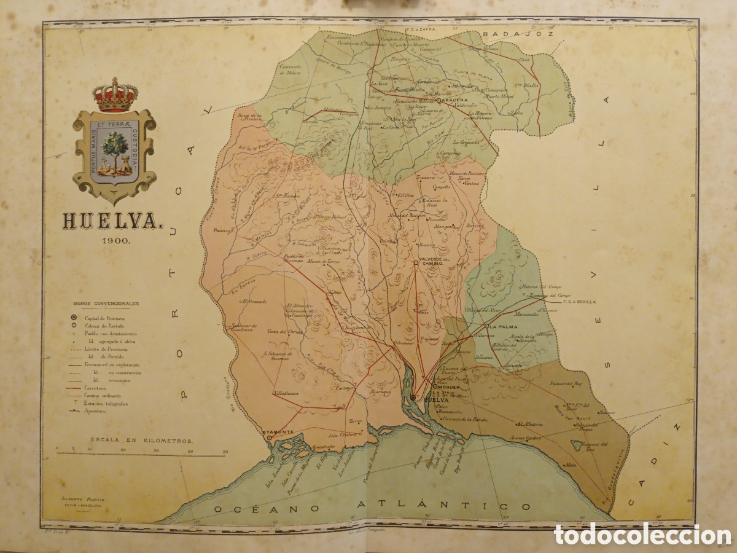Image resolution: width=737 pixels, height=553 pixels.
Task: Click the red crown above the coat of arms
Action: coord(115,95)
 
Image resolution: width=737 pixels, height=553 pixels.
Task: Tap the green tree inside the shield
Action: coord(114,148)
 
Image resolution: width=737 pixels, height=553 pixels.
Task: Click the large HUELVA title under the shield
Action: coord(111,222)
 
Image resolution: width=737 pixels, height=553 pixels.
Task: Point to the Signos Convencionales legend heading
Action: coord(106,304)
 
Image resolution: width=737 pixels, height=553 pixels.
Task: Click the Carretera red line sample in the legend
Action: coord(75,388)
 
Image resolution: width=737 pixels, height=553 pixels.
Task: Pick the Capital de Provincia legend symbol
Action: coord(74,318)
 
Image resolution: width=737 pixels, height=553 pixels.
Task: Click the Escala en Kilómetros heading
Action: coord(141,441)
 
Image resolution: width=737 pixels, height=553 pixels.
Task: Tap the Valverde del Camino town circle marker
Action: coord(416,262)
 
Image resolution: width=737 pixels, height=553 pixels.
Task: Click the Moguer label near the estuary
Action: coord(448,386)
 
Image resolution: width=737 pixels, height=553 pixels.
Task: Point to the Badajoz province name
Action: coord(519,34)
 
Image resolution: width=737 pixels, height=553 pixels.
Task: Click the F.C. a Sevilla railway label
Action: coord(578,302)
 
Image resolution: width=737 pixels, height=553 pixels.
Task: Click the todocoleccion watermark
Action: coord(634,533)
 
